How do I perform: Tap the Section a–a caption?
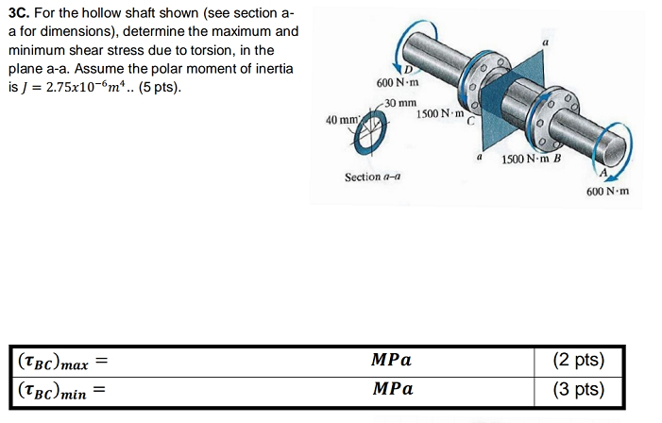click(371, 177)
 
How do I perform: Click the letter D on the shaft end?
click(408, 68)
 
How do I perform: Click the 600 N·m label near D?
click(397, 85)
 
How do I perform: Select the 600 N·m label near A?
click(606, 192)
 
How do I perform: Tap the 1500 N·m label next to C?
click(437, 115)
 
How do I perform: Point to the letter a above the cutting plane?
click(545, 42)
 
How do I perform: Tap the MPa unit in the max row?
click(392, 360)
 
